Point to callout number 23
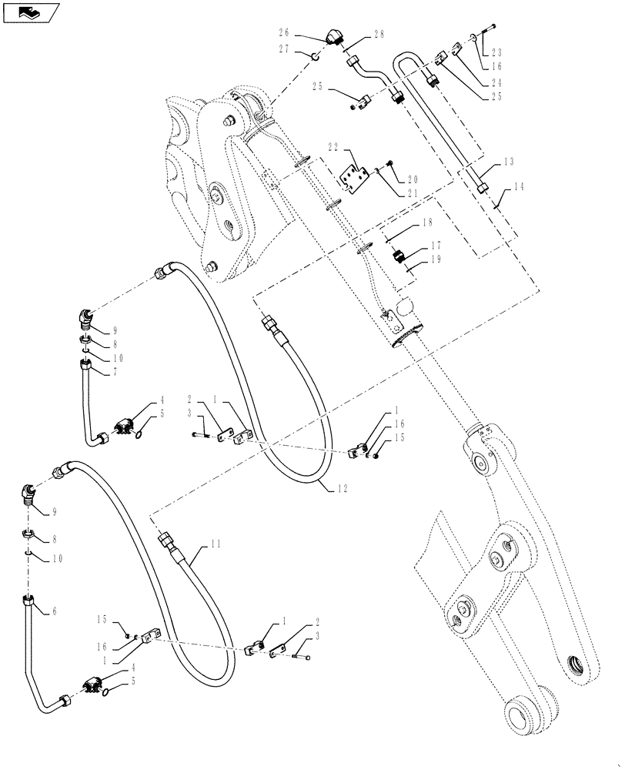coord(496,53)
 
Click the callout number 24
coord(496,83)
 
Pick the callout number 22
coord(333,147)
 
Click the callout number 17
coord(436,246)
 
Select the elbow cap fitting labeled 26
coord(336,36)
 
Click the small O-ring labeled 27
coord(316,55)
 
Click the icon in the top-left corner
coord(31,12)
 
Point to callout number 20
coord(412,177)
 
